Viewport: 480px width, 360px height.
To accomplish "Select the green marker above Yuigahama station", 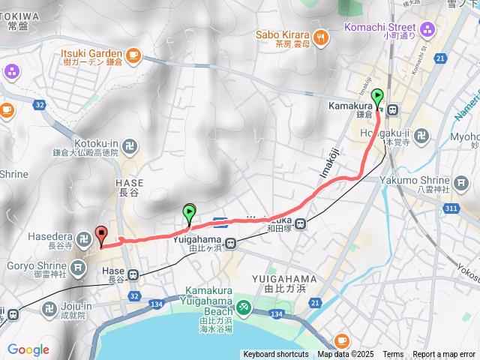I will point(189,214).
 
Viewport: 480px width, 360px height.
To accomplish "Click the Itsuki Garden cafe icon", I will point(133,54).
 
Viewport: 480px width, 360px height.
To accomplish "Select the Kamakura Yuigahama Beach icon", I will point(243,307).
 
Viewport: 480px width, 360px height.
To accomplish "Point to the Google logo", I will point(28,349).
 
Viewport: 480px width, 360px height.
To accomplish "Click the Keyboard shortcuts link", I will point(275,355).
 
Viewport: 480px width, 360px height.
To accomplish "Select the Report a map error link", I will point(444,355).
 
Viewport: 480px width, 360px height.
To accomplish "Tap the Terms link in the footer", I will point(393,355).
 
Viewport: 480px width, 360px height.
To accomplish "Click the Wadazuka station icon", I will point(299,223).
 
